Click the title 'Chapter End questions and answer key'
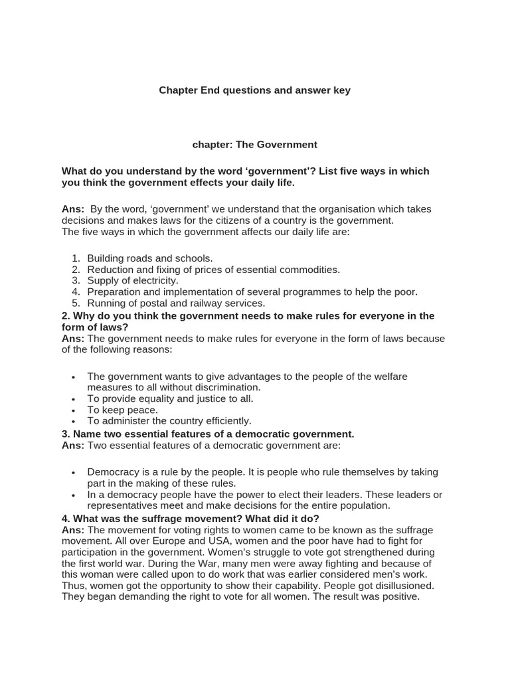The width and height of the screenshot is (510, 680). [x=254, y=90]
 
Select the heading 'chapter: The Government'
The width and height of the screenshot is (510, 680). [x=254, y=144]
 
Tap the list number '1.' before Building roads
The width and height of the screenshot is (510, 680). [x=76, y=258]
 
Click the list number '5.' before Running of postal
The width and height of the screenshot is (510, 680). [x=76, y=303]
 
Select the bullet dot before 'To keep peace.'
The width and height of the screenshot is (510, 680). [x=74, y=410]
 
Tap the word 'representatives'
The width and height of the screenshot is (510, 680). [x=120, y=506]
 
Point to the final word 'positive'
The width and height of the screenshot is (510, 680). [x=398, y=597]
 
